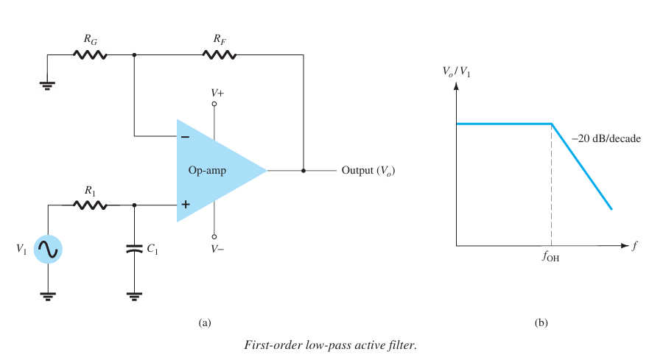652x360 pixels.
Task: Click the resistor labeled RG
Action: point(91,54)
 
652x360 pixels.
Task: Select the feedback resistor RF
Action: point(220,54)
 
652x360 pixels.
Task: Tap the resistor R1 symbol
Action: point(91,206)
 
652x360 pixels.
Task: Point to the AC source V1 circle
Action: point(48,250)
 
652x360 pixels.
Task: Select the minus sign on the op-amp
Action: point(184,136)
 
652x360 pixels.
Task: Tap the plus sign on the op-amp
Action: point(184,206)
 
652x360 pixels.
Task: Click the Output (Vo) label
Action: point(373,171)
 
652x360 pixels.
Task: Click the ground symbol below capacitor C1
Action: point(134,297)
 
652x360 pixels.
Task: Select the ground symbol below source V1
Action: point(48,297)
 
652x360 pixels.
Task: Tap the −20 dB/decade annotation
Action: point(606,138)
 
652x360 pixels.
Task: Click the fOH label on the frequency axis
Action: point(551,258)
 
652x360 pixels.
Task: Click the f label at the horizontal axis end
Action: point(634,245)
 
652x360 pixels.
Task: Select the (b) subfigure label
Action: point(541,322)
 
